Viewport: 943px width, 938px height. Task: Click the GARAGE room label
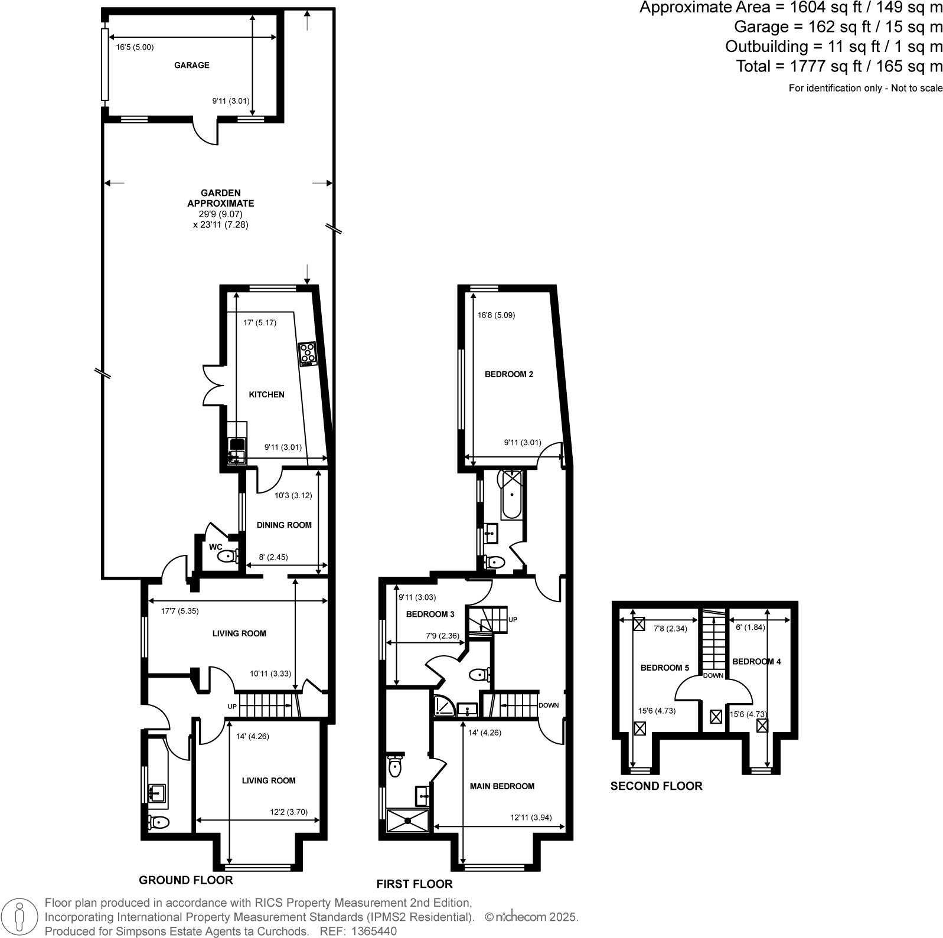(x=191, y=65)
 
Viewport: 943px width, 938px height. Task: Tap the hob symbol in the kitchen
(x=307, y=354)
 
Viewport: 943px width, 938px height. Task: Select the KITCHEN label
(x=266, y=394)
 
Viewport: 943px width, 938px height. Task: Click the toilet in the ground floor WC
(x=227, y=556)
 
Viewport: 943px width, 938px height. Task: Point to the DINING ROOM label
(x=283, y=525)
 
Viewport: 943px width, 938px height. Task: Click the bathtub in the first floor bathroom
(x=511, y=494)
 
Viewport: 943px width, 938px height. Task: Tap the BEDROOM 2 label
(x=508, y=374)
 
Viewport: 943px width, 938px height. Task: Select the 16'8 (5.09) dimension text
(x=496, y=315)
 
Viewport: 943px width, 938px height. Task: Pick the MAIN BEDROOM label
(x=502, y=786)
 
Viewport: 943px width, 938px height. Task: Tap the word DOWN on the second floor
(x=713, y=675)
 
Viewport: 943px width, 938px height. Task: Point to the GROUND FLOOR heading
(x=185, y=880)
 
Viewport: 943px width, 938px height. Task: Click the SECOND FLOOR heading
(x=656, y=786)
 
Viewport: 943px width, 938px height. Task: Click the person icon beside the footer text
(x=20, y=917)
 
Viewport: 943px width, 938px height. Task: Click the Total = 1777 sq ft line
(x=838, y=66)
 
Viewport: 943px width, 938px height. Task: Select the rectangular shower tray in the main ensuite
(x=408, y=821)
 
